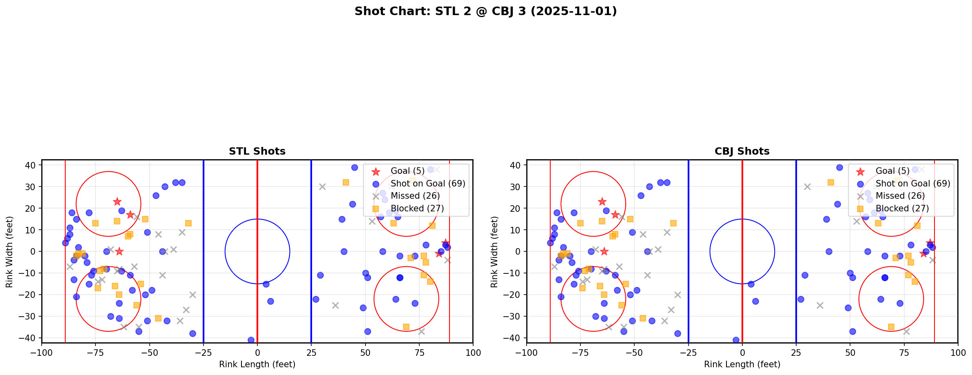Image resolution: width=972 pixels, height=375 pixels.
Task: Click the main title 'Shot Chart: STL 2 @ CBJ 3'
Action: pos(485,11)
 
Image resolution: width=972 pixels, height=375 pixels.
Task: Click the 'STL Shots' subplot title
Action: pos(257,151)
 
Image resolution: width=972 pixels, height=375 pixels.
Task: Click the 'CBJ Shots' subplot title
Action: pos(742,151)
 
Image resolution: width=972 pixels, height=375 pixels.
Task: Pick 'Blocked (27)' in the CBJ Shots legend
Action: pos(902,209)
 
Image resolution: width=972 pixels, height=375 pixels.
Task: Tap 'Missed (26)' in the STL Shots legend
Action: pos(415,196)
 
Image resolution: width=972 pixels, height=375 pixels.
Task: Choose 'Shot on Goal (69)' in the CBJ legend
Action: pos(913,184)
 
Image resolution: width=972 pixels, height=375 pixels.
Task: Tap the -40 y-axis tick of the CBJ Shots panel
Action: pos(514,338)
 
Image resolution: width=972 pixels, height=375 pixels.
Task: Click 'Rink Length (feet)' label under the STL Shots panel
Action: pos(257,364)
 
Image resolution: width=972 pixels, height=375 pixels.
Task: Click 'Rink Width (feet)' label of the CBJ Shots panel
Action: pos(494,252)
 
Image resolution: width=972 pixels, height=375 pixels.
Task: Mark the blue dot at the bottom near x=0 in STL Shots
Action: pos(251,340)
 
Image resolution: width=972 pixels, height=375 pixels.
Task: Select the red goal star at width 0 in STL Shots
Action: pos(119,251)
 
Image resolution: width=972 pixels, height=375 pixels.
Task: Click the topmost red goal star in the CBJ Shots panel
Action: pos(602,202)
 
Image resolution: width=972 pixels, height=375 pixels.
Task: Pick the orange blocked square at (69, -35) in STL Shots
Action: pos(406,327)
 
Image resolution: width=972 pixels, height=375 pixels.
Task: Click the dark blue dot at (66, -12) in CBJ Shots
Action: pos(884,277)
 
